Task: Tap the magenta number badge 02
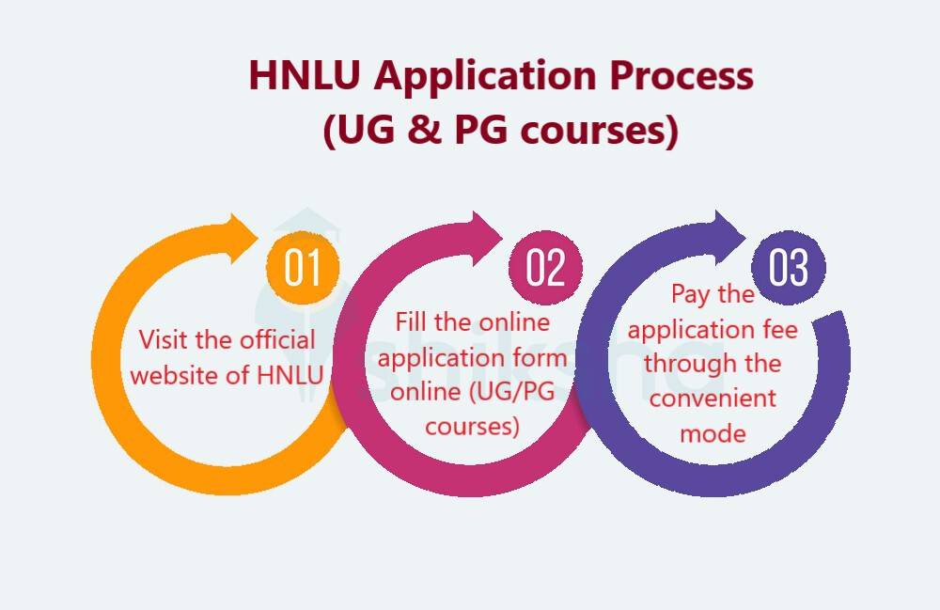point(545,267)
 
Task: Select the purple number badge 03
point(789,267)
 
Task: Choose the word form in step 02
point(542,358)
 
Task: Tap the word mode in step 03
point(713,433)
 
